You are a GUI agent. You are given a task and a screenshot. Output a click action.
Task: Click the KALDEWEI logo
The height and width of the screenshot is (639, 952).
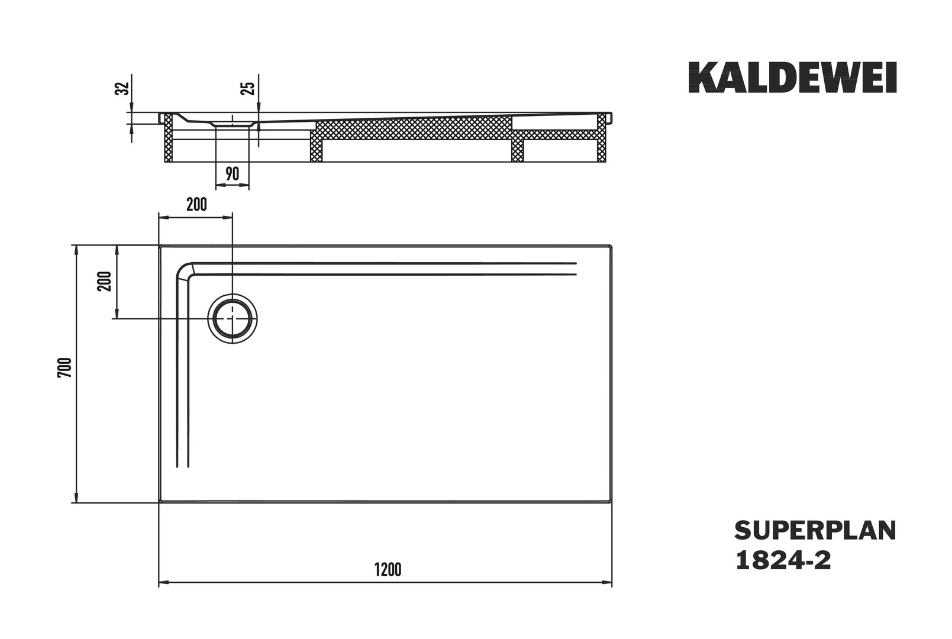click(x=792, y=78)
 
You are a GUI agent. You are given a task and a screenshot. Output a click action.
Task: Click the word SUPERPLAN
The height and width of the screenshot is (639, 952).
click(x=815, y=531)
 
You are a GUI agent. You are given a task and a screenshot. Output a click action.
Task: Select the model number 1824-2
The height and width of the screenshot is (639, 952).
click(x=783, y=560)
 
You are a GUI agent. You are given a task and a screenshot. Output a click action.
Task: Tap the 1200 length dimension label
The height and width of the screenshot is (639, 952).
click(x=388, y=570)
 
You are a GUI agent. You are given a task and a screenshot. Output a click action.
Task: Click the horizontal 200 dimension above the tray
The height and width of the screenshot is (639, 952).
click(x=196, y=205)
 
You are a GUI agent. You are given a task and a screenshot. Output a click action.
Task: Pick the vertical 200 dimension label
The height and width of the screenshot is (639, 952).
click(x=105, y=281)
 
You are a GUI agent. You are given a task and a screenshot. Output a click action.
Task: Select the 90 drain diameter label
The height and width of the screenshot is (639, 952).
click(x=232, y=174)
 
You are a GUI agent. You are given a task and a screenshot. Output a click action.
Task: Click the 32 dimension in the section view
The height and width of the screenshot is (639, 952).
click(x=122, y=89)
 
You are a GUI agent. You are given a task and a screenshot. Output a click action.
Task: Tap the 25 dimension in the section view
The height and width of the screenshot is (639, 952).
click(x=250, y=88)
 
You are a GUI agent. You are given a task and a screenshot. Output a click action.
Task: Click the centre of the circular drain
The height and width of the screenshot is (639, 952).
click(x=233, y=318)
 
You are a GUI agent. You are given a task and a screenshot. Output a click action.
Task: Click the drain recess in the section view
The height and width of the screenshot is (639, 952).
click(x=232, y=122)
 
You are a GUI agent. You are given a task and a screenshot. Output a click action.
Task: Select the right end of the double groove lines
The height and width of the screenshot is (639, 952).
click(x=575, y=268)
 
